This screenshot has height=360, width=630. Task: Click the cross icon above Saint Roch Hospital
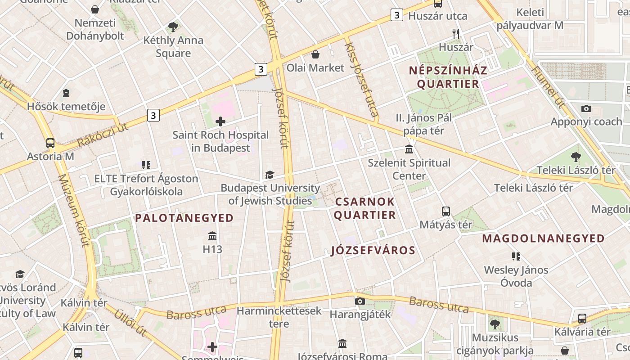pos(220,121)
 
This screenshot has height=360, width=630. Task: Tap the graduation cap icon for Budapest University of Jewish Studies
pos(270,175)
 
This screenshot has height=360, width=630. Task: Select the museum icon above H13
pos(212,235)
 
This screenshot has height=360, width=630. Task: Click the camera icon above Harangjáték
pos(360,301)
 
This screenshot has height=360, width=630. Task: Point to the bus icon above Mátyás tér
pos(446,211)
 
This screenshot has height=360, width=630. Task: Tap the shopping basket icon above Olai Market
pos(316,54)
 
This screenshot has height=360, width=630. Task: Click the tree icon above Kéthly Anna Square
pos(173,27)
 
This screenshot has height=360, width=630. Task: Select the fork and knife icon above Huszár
pos(456,33)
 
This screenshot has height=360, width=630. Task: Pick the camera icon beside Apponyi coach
pos(586,108)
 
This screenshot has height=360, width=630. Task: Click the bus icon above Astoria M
pos(50,143)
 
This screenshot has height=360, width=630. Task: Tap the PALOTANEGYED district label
pos(184,218)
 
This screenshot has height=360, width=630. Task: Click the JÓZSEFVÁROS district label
pos(373,250)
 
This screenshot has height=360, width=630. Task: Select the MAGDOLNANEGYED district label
pos(543,238)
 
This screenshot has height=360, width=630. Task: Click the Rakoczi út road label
pos(103,135)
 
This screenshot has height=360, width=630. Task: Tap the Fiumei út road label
pos(548,87)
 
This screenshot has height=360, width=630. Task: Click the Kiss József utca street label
pos(361,80)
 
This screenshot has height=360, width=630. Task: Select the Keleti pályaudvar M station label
pos(530,19)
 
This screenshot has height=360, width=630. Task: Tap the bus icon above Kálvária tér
pos(582,319)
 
